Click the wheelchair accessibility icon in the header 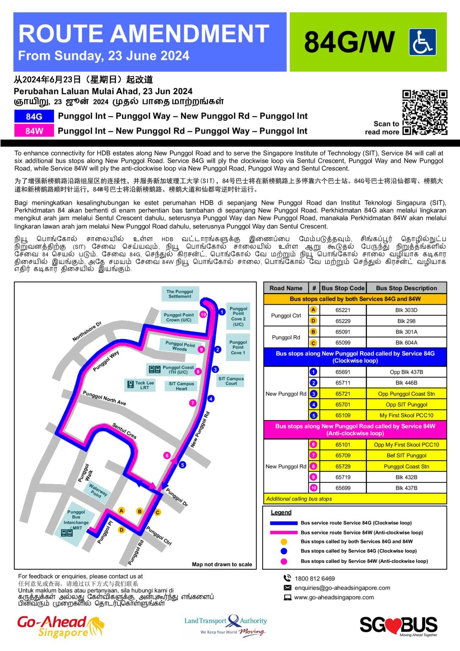pos(422,42)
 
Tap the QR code pos(424,112)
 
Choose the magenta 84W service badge pos(34,131)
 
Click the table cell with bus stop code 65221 pos(343,310)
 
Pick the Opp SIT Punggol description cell pos(406,405)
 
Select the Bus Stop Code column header pos(343,288)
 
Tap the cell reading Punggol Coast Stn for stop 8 pos(406,467)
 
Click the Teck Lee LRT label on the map pos(144,385)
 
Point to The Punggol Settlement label pos(180,294)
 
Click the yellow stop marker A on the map pos(122,511)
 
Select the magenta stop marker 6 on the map pos(167,456)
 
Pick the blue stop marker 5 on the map pos(182,465)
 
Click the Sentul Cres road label pos(124,431)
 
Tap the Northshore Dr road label pos(87,331)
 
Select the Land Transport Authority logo pos(225,626)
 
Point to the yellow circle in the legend pos(284,542)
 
